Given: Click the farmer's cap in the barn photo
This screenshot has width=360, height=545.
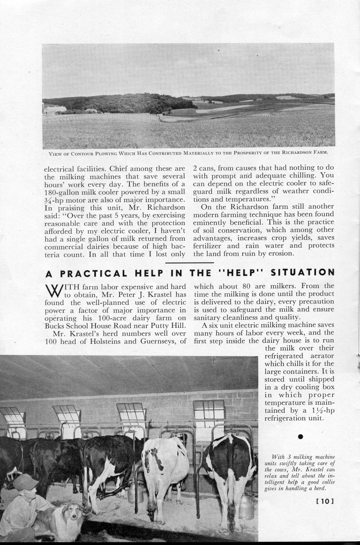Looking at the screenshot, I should pos(24,481).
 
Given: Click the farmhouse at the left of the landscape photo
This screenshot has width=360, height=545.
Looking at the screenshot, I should pos(54,109).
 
